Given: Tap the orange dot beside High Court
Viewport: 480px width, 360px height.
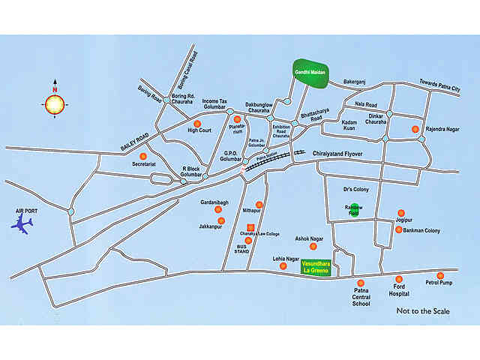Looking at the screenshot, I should pyautogui.click(x=197, y=124).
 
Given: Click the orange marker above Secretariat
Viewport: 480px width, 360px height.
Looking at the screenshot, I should pyautogui.click(x=142, y=156).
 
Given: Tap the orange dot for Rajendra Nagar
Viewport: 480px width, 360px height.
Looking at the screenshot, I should pyautogui.click(x=416, y=129).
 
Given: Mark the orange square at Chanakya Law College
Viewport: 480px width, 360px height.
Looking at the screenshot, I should pyautogui.click(x=251, y=227).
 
